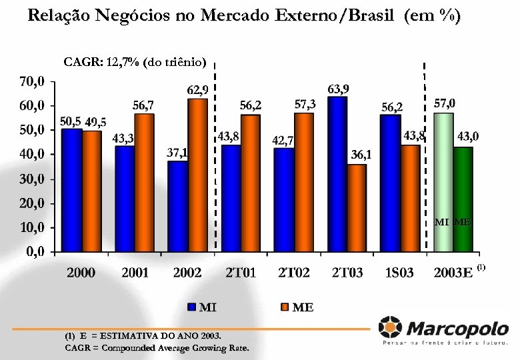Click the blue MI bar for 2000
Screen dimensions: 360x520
coord(71,190)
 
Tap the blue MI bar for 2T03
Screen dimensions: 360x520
coord(337,173)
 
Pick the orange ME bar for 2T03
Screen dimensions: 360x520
coord(357,207)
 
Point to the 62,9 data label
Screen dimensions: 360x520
coord(197,89)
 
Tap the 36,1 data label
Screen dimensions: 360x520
coord(361,155)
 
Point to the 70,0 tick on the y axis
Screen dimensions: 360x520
coord(32,81)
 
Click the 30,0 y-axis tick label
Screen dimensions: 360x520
coord(32,179)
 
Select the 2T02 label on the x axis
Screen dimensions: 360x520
coord(295,272)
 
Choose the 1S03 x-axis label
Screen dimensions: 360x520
coord(399,272)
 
